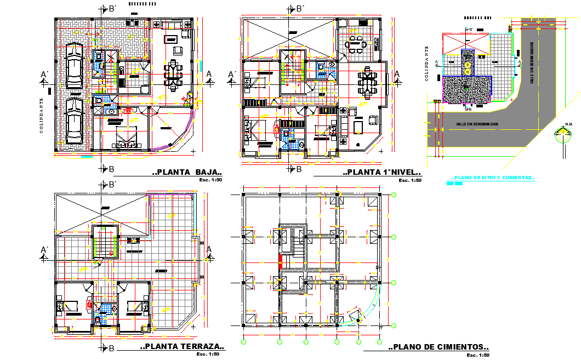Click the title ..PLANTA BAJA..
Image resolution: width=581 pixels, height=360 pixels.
pos(187,172)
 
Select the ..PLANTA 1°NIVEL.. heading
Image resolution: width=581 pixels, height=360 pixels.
pos(383,172)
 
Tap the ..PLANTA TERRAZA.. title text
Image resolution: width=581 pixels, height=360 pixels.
pos(182,346)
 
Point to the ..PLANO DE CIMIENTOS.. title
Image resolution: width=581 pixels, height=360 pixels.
pos(438,347)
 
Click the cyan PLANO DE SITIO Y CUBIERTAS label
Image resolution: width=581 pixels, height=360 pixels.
pos(492,178)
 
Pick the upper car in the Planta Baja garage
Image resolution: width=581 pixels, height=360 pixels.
pos(74,66)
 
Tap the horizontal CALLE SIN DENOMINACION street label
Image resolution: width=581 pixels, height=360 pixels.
pos(477,125)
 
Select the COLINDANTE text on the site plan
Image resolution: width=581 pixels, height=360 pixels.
pos(426,64)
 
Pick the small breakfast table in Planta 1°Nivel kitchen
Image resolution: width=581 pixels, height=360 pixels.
pos(356,44)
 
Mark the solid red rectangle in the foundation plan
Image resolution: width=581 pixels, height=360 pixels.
pos(281,261)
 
